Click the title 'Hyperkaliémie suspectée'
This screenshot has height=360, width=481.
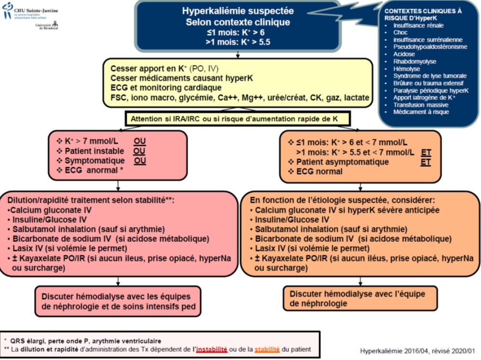[238, 11]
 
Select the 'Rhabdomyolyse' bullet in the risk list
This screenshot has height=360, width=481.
[414, 61]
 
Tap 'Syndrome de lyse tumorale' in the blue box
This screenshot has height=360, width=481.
[430, 76]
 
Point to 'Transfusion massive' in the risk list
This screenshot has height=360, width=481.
[421, 105]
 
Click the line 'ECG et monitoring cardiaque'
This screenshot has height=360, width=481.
[166, 88]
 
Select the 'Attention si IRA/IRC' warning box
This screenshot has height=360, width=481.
[237, 119]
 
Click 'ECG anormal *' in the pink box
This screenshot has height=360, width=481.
[94, 170]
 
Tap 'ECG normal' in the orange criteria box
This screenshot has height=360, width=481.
[319, 172]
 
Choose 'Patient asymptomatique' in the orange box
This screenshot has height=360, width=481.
[342, 162]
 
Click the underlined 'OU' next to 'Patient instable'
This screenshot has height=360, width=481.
[139, 151]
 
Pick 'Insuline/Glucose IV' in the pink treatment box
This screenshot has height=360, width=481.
[49, 220]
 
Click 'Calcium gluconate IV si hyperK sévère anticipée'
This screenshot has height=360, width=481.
[347, 210]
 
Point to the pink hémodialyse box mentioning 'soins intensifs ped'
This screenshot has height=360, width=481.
[118, 301]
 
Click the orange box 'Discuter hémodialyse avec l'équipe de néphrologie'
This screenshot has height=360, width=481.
[360, 298]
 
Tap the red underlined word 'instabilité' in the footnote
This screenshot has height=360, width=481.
[212, 349]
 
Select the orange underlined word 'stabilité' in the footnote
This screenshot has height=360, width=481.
[267, 349]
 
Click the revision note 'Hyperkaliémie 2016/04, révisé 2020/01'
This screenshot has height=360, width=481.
[417, 351]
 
